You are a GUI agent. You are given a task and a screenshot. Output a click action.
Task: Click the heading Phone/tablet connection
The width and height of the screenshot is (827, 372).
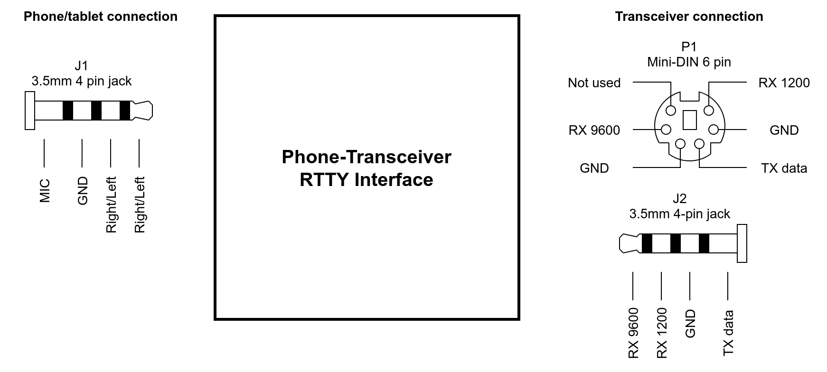pos(100,17)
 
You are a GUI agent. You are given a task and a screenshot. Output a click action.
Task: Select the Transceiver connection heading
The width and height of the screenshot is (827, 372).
pos(689,17)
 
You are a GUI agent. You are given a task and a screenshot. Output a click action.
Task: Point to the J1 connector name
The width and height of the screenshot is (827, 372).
pos(81,65)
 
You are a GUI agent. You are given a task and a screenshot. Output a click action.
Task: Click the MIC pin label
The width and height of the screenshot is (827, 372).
pos(45,190)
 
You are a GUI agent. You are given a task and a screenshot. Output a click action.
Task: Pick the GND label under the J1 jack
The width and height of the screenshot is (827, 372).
pos(83,190)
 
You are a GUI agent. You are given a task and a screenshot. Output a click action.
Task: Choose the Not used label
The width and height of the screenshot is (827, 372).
pos(594,83)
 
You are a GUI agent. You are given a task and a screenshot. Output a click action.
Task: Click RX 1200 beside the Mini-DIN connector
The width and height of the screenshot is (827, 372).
pos(784,83)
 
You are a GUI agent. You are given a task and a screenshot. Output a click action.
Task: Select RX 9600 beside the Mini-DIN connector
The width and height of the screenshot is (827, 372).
pos(594,130)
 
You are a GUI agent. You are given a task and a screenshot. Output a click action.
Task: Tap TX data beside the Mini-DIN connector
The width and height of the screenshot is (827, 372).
pos(784,168)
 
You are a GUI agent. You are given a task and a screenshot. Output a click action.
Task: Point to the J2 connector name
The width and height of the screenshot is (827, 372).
pos(679,198)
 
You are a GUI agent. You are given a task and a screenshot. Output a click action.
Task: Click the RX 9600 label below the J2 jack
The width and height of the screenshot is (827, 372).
pos(633,333)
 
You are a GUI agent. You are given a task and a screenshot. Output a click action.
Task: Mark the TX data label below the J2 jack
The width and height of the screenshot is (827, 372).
pos(728,333)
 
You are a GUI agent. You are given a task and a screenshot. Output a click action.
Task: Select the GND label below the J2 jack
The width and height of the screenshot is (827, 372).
pos(690,323)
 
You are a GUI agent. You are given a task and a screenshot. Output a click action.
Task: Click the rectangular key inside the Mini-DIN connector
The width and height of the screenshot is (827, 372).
pos(689,120)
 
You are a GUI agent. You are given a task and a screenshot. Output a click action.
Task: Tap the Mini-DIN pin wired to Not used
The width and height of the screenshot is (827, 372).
pos(671,111)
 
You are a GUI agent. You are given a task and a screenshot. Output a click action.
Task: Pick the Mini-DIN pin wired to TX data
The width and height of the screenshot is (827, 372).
pos(699,144)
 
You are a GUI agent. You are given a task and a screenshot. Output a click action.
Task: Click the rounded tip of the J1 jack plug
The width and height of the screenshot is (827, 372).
pos(144,110)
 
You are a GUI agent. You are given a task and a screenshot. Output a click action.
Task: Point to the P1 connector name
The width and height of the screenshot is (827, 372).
pos(689,46)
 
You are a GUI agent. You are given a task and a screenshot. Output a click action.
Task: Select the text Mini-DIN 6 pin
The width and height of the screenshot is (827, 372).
pos(689,62)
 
